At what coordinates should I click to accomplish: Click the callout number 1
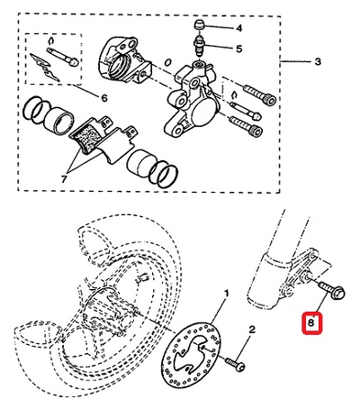(227, 293)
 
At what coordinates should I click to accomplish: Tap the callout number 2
(251, 330)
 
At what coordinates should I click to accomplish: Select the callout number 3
(318, 62)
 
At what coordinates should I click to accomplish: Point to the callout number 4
(238, 28)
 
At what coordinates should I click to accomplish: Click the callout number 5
(238, 49)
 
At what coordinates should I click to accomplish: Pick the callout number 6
(104, 98)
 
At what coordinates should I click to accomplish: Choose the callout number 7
(64, 179)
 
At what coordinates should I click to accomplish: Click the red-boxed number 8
(311, 322)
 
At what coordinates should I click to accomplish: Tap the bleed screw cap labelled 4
(199, 24)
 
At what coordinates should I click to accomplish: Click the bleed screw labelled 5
(199, 45)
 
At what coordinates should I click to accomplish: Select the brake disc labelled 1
(192, 354)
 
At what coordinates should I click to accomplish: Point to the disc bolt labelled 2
(235, 364)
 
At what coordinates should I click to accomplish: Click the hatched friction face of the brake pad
(88, 140)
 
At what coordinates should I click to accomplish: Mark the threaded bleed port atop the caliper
(199, 63)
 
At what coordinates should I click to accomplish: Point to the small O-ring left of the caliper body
(168, 62)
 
